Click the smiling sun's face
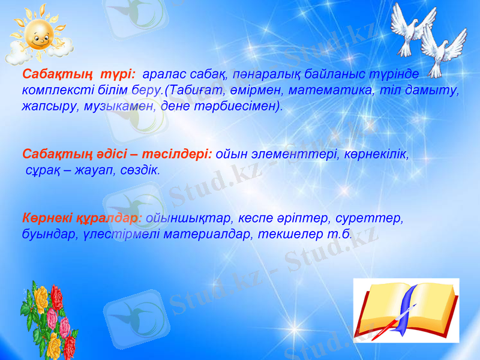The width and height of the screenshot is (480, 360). (x=37, y=37)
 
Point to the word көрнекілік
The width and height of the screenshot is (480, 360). (x=372, y=154)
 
